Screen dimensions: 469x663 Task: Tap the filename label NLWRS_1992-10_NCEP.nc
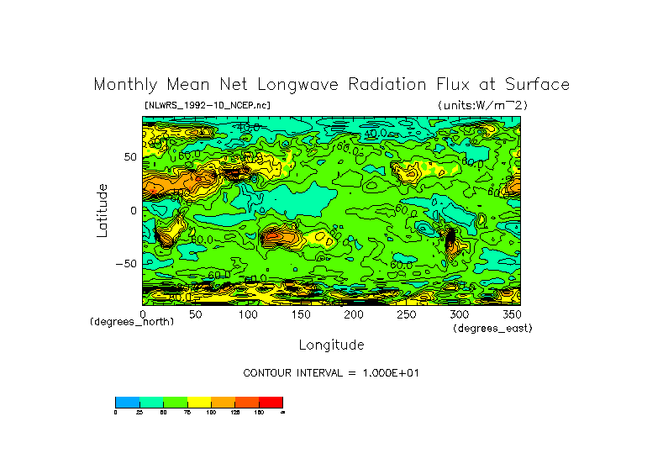[x=208, y=105]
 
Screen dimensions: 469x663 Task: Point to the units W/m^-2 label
[x=482, y=105]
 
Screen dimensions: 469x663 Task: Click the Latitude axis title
[x=102, y=210]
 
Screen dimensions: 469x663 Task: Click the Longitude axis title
[x=331, y=345]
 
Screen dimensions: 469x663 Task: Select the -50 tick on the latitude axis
[x=125, y=264]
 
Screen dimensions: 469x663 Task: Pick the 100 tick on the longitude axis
[x=248, y=314]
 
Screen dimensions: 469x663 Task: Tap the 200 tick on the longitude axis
[x=353, y=314]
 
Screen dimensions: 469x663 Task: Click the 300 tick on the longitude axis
[x=458, y=314]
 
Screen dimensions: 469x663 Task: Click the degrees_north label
[x=132, y=322]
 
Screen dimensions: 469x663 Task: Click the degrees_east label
[x=492, y=328]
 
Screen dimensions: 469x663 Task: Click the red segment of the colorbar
[x=271, y=402]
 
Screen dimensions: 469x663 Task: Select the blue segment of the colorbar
[x=127, y=402]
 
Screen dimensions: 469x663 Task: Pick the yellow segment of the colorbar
[x=199, y=402]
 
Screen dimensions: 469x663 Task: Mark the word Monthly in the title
[x=124, y=85]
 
